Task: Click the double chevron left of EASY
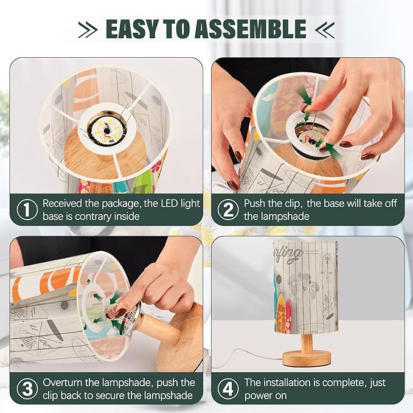88,29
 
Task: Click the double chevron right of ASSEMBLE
325,29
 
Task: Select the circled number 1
27,209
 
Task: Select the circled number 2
228,209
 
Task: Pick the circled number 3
27,389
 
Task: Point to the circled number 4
228,389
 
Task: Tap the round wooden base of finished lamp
307,359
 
